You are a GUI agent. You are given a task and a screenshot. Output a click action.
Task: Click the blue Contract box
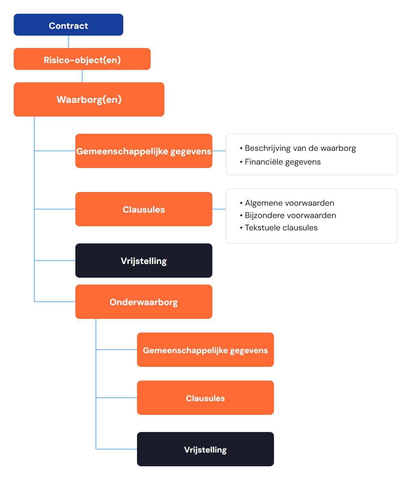68,25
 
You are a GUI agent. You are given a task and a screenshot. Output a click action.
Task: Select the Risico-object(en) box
82,59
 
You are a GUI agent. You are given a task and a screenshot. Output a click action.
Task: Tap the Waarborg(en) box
89,99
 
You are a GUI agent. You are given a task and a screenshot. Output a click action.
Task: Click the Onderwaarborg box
144,302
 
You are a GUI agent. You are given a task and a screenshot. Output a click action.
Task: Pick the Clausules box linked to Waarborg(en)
144,209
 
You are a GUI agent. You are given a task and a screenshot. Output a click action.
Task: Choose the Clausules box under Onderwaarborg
206,398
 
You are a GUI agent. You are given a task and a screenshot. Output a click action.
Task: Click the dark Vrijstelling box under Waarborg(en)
144,261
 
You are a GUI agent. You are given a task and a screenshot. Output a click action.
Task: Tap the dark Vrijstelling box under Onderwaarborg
206,449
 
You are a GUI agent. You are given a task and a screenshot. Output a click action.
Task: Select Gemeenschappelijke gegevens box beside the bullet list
144,151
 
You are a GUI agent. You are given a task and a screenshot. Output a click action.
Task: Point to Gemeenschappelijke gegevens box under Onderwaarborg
206,350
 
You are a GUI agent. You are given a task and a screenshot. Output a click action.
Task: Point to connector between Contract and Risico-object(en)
68,42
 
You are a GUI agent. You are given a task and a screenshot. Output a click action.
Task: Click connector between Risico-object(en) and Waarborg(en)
82,76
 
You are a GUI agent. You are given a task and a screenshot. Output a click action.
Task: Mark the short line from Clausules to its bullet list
219,209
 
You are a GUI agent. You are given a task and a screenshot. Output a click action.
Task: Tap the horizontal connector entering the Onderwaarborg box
55,302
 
